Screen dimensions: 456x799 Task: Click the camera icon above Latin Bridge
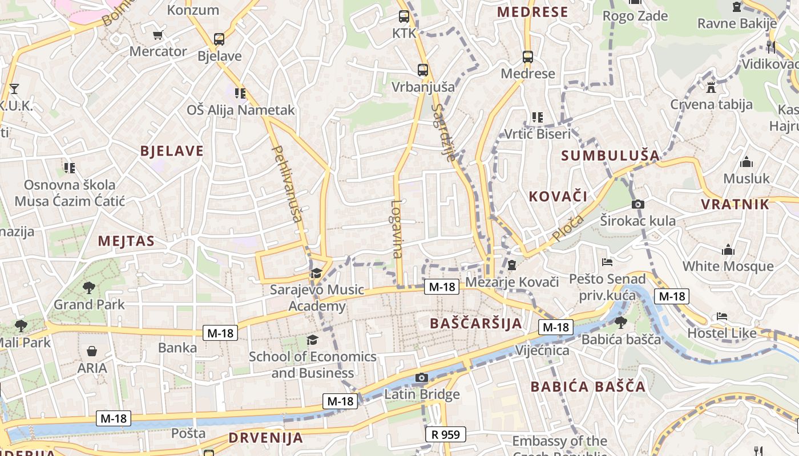pos(421,377)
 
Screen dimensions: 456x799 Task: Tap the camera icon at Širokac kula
pos(637,204)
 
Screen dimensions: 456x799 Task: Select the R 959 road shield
pos(446,434)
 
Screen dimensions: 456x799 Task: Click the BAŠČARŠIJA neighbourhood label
pos(476,323)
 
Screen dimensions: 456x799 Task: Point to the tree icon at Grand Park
pos(88,288)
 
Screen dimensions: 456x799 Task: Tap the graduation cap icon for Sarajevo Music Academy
pos(316,274)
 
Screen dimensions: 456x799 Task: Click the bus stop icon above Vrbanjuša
pos(422,70)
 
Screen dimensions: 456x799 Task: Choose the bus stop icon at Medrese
pos(527,57)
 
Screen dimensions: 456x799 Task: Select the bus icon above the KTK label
pos(404,17)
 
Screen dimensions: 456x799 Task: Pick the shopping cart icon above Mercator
pos(158,35)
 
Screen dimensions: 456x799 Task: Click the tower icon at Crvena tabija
pos(711,88)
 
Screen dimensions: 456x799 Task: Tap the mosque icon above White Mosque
pos(728,250)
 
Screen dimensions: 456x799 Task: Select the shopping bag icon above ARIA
pos(92,351)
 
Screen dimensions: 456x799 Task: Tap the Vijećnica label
pos(542,350)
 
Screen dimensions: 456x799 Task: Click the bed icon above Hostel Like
pos(722,316)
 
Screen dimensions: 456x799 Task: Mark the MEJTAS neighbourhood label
pos(126,241)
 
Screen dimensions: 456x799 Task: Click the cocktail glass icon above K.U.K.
pos(14,88)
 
